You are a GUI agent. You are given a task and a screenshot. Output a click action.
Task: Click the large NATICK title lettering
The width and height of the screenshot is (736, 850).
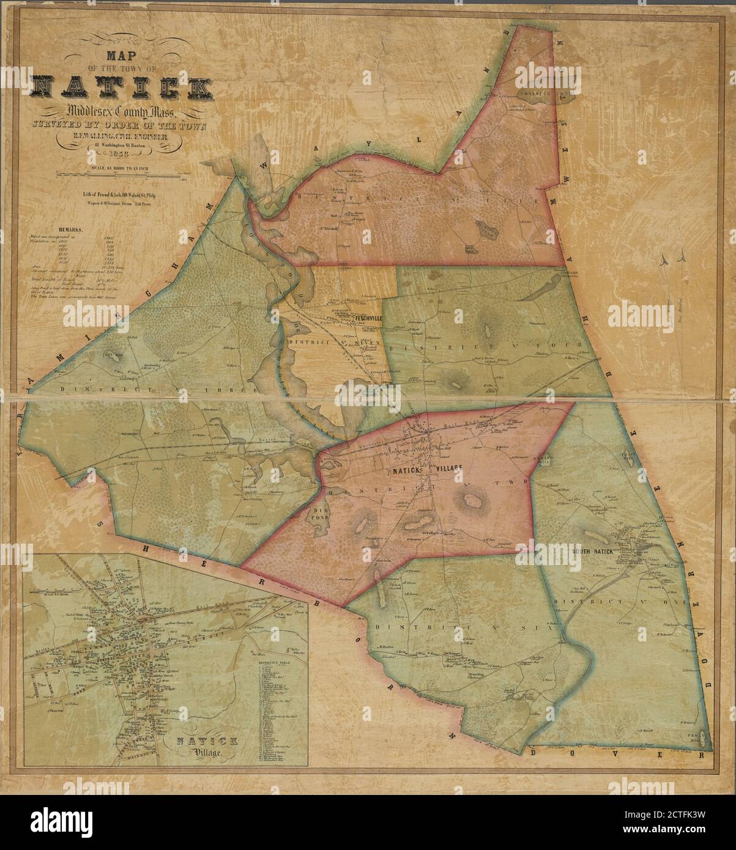(x=122, y=87)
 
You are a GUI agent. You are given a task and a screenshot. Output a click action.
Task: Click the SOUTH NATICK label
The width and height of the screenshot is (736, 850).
(x=592, y=550)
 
